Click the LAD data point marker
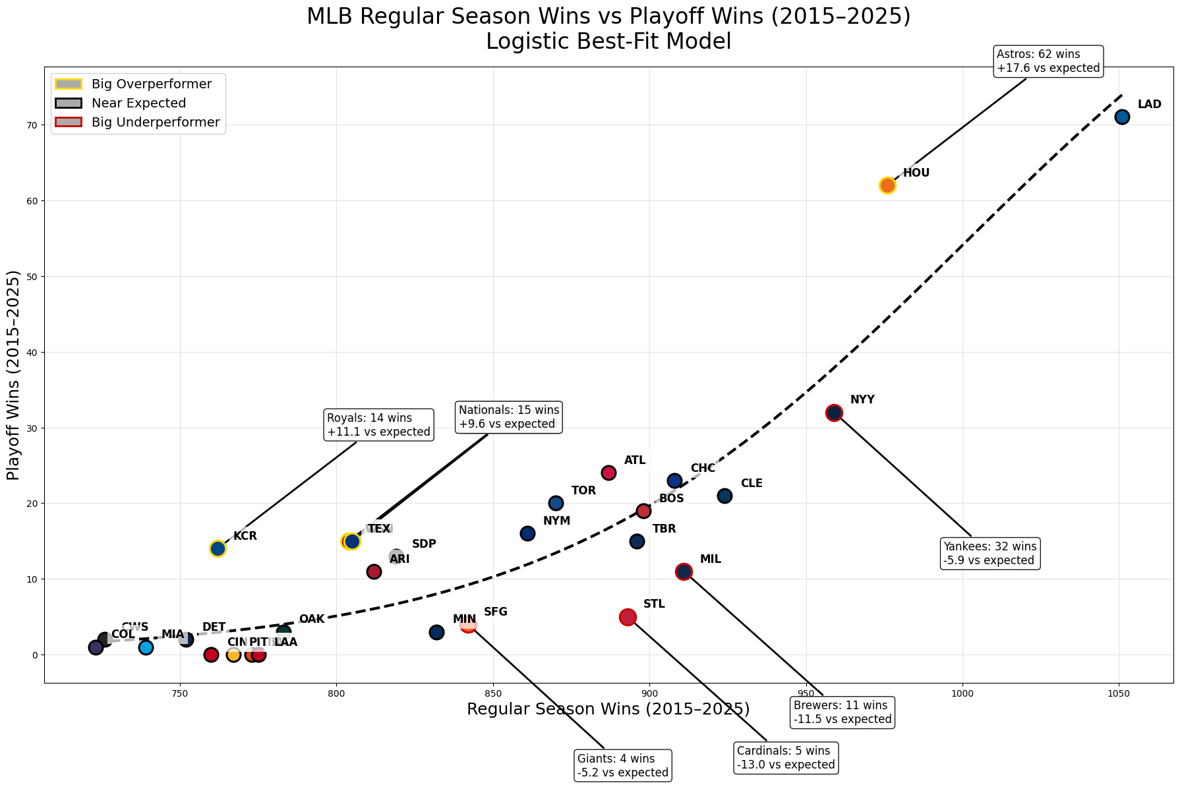[x=1122, y=117]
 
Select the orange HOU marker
[x=887, y=185]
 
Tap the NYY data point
[x=834, y=413]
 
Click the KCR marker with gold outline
[x=218, y=548]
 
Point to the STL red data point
[x=628, y=617]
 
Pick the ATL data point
[x=608, y=473]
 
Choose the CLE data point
[x=724, y=496]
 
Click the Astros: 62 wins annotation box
[x=1047, y=61]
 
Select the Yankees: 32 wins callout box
[x=989, y=554]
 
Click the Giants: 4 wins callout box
[x=623, y=766]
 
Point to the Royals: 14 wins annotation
[x=378, y=425]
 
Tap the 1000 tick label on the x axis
[x=962, y=693]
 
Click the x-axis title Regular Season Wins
[x=608, y=710]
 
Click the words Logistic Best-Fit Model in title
[x=608, y=42]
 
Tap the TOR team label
[x=583, y=491]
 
